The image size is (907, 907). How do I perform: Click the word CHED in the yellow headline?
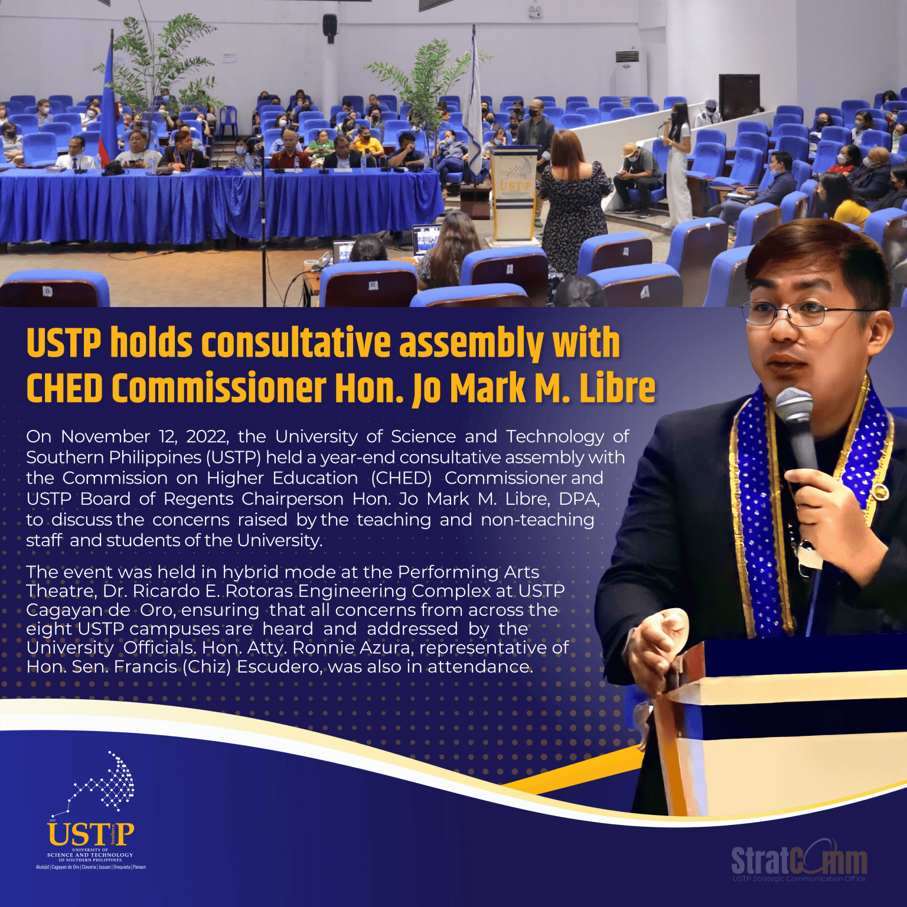[65, 389]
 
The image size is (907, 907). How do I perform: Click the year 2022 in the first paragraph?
[207, 436]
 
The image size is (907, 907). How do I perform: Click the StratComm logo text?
[799, 861]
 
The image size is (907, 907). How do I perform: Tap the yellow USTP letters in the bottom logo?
[90, 834]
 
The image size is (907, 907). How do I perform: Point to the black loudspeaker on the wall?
[329, 27]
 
